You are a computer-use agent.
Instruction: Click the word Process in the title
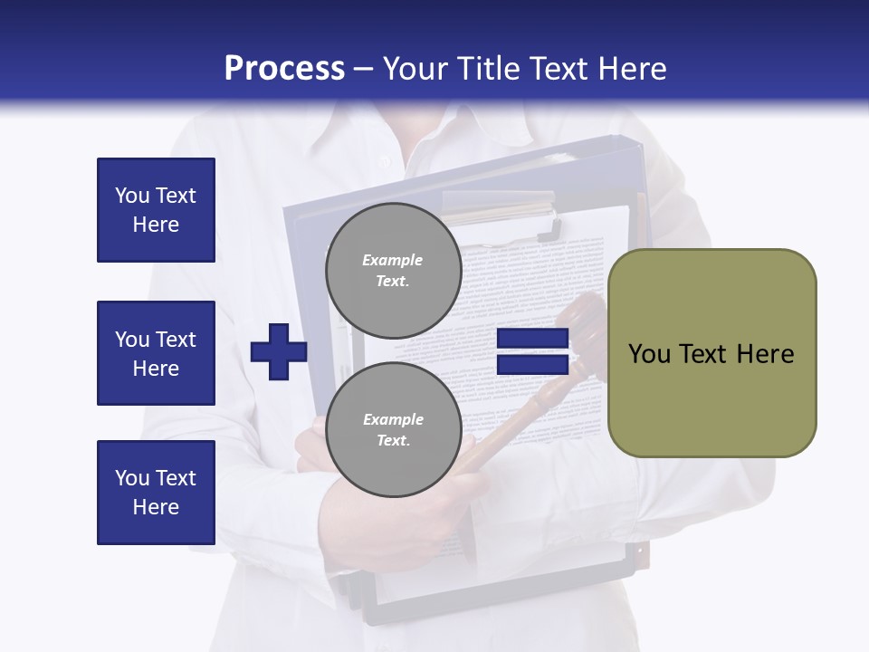(x=284, y=68)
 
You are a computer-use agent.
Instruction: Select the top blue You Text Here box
(x=156, y=210)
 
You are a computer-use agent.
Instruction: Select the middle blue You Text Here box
(x=156, y=353)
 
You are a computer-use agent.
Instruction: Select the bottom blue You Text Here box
(x=156, y=492)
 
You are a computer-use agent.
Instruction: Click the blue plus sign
(x=279, y=351)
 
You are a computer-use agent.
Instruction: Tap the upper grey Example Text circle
(x=393, y=270)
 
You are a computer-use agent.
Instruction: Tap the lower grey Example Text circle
(x=393, y=429)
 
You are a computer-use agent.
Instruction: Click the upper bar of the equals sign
(x=532, y=339)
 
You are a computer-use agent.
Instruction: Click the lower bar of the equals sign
(x=532, y=365)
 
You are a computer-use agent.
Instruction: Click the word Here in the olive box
(x=765, y=354)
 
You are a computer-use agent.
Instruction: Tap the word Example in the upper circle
(x=393, y=260)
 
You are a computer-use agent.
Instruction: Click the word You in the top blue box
(x=132, y=196)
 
